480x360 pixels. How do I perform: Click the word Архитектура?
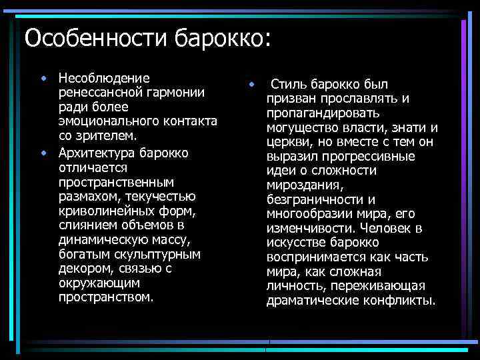click(96, 153)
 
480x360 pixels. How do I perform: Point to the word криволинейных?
click(101, 211)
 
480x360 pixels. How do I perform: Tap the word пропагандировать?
click(323, 113)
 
